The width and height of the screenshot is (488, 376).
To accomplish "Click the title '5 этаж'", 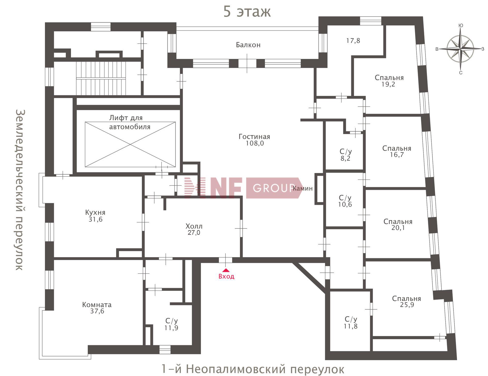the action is pyautogui.click(x=247, y=11).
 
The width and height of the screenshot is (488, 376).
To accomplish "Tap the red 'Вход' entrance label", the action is pyautogui.click(x=226, y=276).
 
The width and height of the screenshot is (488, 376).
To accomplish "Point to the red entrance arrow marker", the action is pyautogui.click(x=226, y=270).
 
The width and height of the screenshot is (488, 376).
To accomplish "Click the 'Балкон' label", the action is pyautogui.click(x=248, y=45).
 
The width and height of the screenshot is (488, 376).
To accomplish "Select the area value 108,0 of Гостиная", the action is pyautogui.click(x=255, y=143).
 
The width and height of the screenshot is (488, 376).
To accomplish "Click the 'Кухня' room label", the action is pyautogui.click(x=95, y=212).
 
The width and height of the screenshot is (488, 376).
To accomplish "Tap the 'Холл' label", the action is pyautogui.click(x=194, y=226).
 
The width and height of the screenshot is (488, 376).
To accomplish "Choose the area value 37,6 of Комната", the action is pyautogui.click(x=97, y=311).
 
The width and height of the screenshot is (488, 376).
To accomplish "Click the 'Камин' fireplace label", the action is pyautogui.click(x=303, y=189).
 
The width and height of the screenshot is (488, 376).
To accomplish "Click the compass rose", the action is pyautogui.click(x=460, y=49).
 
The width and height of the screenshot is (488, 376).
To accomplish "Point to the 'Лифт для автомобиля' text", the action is pyautogui.click(x=130, y=122).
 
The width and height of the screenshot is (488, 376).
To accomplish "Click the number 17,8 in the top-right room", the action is pyautogui.click(x=353, y=41).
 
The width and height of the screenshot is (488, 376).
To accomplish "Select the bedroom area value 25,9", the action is pyautogui.click(x=407, y=305).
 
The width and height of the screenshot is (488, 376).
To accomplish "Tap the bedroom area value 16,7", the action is pyautogui.click(x=397, y=155).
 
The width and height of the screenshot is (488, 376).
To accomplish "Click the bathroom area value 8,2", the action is pyautogui.click(x=345, y=158).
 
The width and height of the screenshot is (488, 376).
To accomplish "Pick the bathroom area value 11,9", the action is pyautogui.click(x=171, y=328).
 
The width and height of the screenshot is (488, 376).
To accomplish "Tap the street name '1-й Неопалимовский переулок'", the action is pyautogui.click(x=253, y=369).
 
